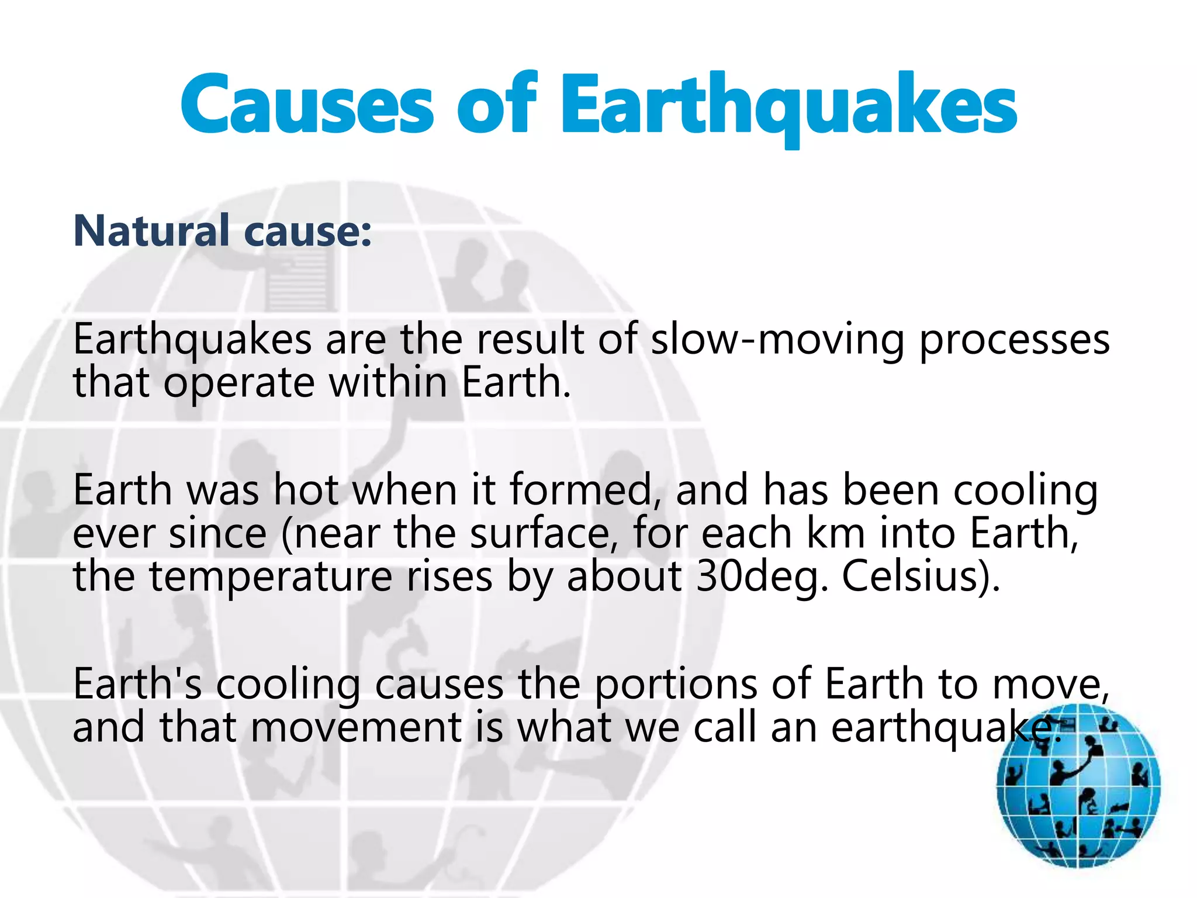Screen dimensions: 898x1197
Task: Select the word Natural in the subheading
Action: pyautogui.click(x=151, y=231)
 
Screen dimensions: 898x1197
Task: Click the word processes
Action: pyautogui.click(x=1015, y=340)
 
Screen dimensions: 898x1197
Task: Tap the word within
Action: pyautogui.click(x=388, y=382)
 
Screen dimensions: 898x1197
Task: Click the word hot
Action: pyautogui.click(x=306, y=490)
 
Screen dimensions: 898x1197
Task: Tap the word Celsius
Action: pyautogui.click(x=920, y=576)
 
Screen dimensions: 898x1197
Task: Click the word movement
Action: pyautogui.click(x=356, y=727)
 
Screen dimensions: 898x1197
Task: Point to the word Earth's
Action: pyautogui.click(x=138, y=684)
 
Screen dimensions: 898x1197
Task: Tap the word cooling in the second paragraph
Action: pyautogui.click(x=1025, y=490)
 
